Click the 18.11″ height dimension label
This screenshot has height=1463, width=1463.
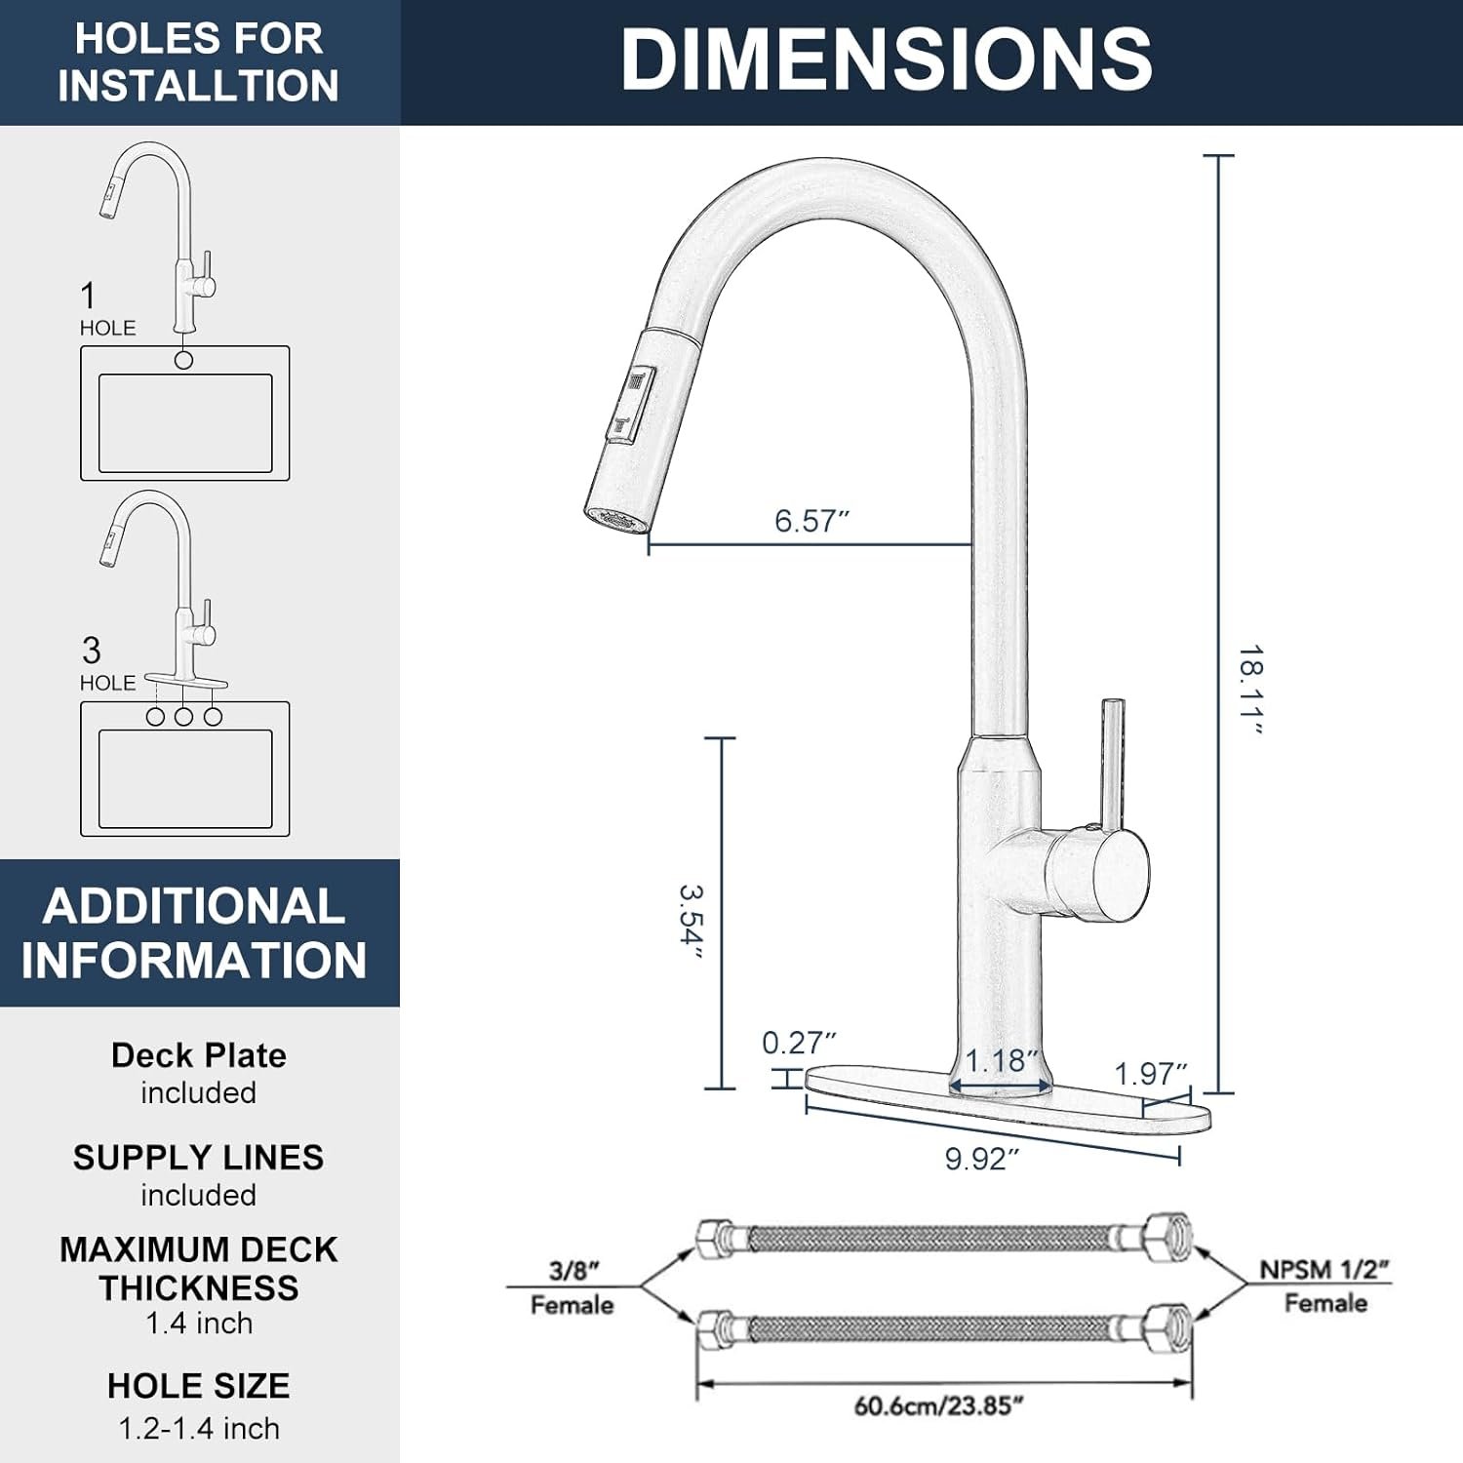1250,691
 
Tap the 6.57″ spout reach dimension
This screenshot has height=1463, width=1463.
811,521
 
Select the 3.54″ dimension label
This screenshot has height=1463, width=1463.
691,922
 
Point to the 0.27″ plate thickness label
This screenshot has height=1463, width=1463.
799,1043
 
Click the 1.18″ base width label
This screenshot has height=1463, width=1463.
1001,1060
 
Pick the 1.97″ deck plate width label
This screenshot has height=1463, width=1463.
1151,1074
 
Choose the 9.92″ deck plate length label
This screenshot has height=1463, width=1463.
981,1159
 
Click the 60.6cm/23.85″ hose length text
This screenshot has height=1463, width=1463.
938,1405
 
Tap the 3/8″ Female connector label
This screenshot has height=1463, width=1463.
573,1287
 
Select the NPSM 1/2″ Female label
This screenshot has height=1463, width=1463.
1324,1285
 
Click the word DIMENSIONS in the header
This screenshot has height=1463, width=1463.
886,59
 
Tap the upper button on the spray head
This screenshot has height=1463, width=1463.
639,380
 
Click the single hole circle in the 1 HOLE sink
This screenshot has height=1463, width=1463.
183,360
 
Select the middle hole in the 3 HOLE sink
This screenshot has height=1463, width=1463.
183,717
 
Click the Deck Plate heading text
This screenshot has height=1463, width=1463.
198,1055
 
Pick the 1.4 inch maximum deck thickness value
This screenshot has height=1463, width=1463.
198,1324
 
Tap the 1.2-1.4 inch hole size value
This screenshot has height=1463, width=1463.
198,1429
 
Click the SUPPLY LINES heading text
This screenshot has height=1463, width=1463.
198,1158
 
